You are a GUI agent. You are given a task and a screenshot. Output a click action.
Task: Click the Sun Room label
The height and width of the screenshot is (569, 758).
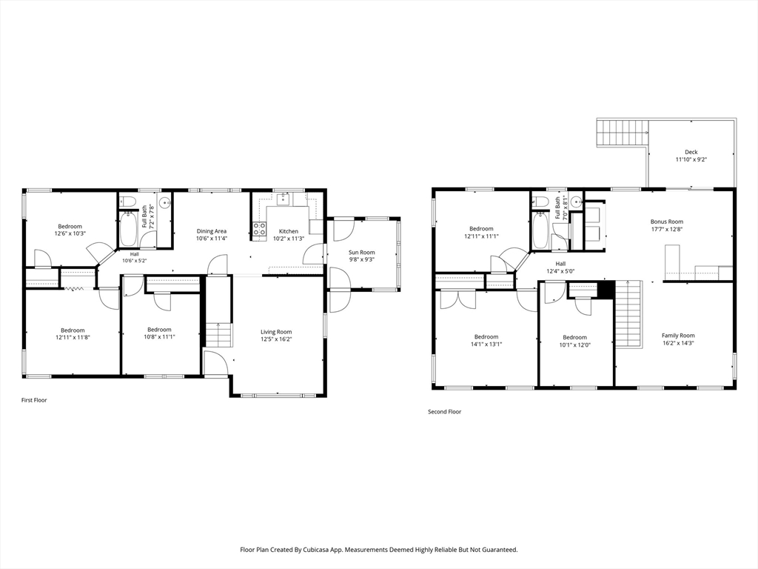361,252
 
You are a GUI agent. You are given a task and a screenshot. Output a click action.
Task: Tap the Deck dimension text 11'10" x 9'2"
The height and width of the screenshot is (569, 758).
691,159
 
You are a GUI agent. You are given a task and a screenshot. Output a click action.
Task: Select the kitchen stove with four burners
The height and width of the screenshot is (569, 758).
260,229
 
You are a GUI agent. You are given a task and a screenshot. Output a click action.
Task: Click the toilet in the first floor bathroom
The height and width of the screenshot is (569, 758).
129,201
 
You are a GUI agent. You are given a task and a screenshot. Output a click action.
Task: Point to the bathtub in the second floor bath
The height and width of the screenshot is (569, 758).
540,230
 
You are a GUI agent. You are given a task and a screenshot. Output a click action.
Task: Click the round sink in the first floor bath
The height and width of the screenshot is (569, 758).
165,203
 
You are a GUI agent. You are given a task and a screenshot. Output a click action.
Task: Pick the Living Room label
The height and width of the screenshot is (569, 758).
276,332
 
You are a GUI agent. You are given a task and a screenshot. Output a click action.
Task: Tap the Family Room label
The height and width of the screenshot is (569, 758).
678,336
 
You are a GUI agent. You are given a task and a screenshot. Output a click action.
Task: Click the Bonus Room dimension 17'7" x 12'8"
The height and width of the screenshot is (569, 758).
667,230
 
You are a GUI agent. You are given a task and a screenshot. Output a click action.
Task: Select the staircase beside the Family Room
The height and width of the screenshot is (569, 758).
628,314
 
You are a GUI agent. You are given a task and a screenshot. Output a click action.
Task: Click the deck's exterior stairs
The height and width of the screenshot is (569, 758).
623,132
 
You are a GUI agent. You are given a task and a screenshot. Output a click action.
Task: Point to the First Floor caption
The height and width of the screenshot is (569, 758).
34,400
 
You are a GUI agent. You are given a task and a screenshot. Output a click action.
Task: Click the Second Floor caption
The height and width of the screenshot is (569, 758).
444,412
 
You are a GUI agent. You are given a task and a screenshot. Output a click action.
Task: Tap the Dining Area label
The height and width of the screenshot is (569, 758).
211,231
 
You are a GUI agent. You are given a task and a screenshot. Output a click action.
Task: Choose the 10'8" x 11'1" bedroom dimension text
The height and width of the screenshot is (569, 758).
159,337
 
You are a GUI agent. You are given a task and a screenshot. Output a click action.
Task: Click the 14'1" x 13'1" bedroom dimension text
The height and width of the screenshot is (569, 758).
486,344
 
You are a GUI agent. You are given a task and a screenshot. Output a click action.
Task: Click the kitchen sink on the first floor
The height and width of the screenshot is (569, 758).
283,199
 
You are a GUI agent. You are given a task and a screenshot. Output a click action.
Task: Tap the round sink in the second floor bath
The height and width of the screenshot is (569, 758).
576,202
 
